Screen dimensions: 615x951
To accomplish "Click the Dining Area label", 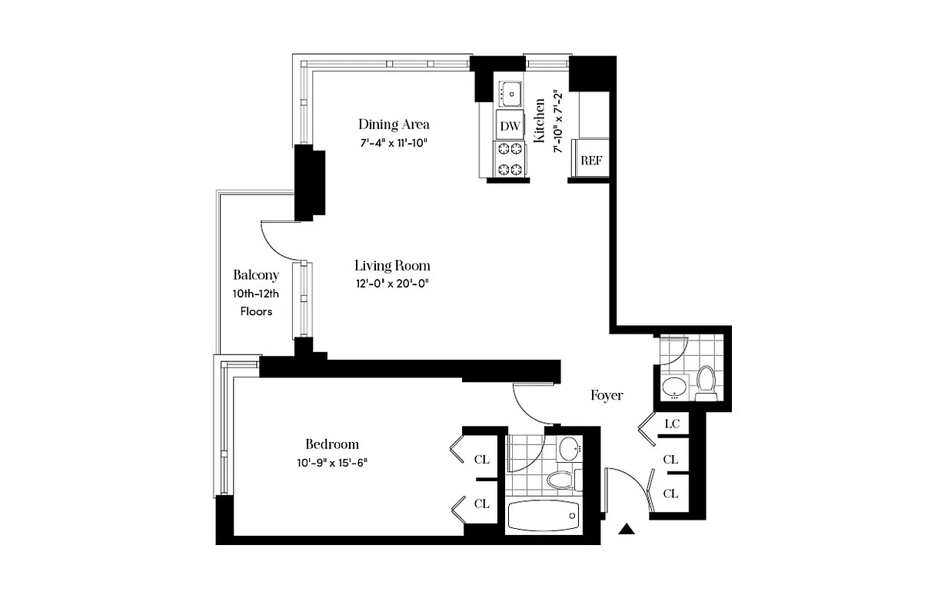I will point(394,124).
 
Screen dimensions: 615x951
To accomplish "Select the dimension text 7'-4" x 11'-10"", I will point(394,142).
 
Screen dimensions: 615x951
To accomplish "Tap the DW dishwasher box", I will point(509,125).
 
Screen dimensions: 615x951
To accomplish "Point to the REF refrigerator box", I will point(590,161).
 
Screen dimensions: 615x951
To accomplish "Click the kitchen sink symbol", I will point(509,95).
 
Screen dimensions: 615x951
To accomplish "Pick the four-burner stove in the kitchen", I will point(509,160).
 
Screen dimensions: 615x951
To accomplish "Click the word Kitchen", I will point(540,120).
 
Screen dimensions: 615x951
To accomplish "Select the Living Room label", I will point(391,266).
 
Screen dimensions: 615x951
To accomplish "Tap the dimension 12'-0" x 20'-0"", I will point(391,284).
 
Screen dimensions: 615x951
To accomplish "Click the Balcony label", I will point(256,275).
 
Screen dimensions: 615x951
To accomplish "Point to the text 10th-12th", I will point(256,294).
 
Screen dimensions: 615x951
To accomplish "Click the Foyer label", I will point(607,395).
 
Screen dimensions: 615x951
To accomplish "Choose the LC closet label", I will point(670,424).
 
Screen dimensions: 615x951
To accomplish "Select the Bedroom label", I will point(332,444).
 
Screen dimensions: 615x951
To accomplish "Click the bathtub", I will point(544,517).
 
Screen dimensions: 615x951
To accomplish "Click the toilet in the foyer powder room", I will point(706,379).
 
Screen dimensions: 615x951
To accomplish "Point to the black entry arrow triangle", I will point(628,528).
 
